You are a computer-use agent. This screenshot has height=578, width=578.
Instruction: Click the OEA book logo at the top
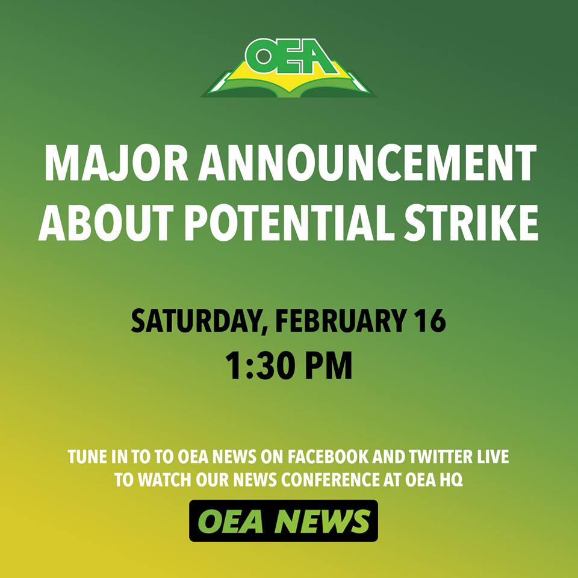(288, 67)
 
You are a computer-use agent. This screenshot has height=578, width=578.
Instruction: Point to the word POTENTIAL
(288, 223)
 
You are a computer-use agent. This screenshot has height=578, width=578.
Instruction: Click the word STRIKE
(471, 223)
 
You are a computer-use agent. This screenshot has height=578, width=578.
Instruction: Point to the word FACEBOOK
(328, 457)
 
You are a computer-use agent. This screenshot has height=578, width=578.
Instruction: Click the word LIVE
(493, 457)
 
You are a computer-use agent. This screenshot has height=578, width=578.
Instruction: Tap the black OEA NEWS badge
(284, 520)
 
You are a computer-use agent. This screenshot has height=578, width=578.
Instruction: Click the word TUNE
(84, 457)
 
